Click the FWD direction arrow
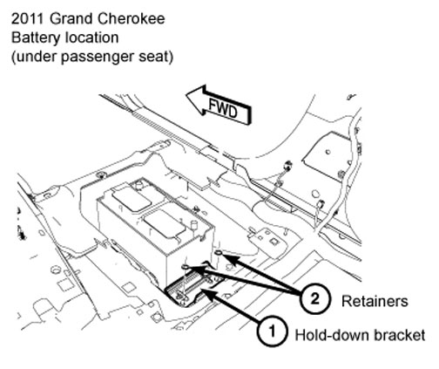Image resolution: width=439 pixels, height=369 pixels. (x=219, y=105)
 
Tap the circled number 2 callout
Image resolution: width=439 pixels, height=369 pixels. (x=314, y=298)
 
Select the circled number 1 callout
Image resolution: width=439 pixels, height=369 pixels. (x=272, y=331)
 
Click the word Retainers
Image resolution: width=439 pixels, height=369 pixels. (x=375, y=301)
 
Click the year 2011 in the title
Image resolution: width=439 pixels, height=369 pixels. (x=28, y=19)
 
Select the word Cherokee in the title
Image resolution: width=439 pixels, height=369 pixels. (x=131, y=19)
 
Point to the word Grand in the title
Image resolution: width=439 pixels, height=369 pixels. (x=71, y=19)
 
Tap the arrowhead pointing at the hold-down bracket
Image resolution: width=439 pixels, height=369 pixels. (x=207, y=293)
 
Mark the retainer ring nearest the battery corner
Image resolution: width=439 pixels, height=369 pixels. (x=186, y=267)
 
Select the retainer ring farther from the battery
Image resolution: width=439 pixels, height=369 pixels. (x=219, y=253)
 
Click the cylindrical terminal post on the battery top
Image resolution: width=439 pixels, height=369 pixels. (x=193, y=227)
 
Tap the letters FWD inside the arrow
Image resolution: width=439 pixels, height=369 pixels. (x=223, y=108)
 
